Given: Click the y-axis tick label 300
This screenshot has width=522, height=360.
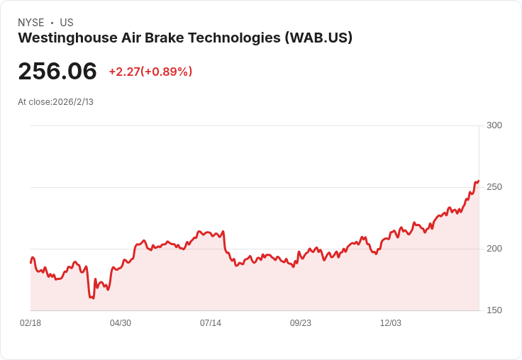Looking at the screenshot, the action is click(x=494, y=125).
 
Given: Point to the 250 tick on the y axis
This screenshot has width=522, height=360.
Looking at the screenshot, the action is click(x=494, y=187).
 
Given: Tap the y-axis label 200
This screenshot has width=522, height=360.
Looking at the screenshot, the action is click(x=494, y=249).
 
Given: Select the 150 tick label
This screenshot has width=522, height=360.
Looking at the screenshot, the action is click(x=494, y=310).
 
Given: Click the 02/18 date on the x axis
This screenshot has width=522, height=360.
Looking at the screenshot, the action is click(x=30, y=323).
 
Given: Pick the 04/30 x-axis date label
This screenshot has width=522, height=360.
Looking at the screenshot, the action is click(x=121, y=323).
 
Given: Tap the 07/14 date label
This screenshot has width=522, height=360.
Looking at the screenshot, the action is click(x=211, y=323).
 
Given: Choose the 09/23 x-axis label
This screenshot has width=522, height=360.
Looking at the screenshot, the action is click(x=301, y=323).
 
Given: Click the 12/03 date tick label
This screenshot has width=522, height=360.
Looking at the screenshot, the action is click(x=391, y=323).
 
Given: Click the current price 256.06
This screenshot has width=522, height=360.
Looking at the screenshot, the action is click(x=57, y=71).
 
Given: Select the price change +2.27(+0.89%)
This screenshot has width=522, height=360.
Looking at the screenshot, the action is click(x=150, y=72).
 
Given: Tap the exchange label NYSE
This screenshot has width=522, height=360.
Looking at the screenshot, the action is click(x=31, y=23).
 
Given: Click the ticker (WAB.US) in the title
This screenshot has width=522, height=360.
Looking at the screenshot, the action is click(x=318, y=38).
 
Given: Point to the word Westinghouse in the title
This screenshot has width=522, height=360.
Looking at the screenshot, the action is click(x=67, y=38).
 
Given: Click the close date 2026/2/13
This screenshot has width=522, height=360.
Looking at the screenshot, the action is click(x=73, y=102).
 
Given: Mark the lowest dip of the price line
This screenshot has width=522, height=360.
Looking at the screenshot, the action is click(x=93, y=298).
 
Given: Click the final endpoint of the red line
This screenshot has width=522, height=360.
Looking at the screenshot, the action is click(x=479, y=181).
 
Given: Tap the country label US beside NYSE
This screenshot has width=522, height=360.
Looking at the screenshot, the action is click(x=67, y=23).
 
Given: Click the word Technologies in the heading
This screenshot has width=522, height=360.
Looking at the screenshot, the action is click(x=234, y=38).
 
